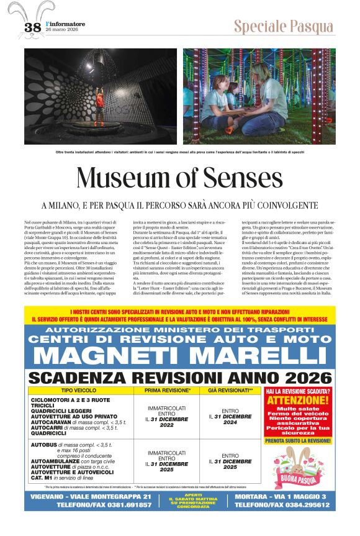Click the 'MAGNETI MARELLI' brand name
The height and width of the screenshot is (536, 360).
(180, 357)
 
